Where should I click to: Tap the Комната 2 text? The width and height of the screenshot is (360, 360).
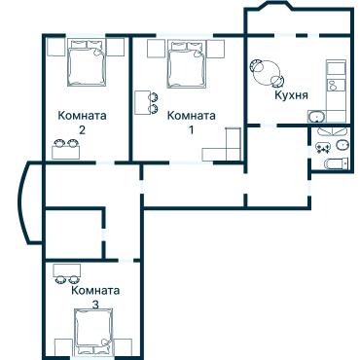[x=83, y=122]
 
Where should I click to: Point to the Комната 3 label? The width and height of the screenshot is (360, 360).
[x=94, y=297]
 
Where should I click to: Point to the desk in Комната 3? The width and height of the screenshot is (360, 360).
[x=66, y=270]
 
